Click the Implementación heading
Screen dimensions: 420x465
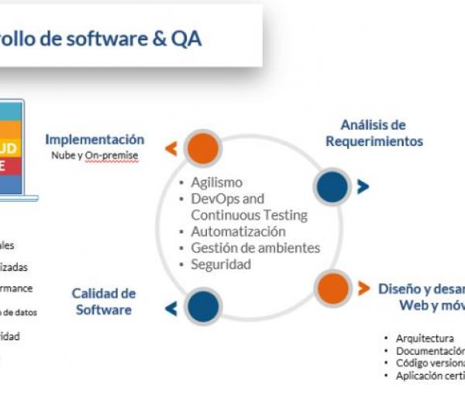click(95, 140)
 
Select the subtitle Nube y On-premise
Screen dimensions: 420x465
click(95, 155)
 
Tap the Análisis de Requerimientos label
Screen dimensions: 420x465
click(374, 133)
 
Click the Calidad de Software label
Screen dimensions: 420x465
click(103, 301)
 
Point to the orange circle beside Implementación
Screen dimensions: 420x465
click(203, 148)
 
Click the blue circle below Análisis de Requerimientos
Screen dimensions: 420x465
click(332, 187)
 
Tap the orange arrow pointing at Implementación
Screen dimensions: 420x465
click(171, 148)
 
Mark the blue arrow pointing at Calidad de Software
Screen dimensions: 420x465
click(171, 308)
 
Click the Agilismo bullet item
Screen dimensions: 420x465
click(216, 182)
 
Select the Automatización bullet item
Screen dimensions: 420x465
click(238, 231)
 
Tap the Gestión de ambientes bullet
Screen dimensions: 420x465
click(255, 248)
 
